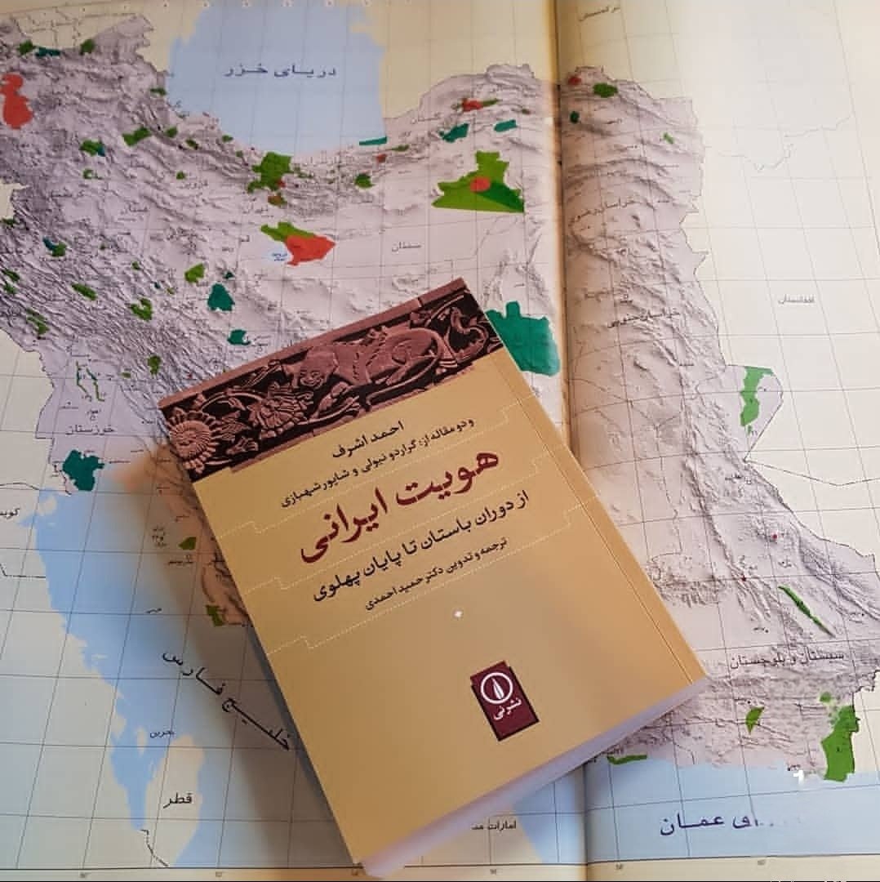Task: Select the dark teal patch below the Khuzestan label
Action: (82, 470)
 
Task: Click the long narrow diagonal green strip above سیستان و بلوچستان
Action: (804, 608)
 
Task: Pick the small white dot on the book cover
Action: (456, 611)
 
